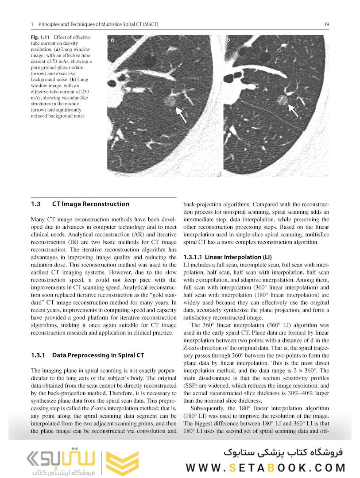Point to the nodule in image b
click(280, 98)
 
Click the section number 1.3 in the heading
click(36, 204)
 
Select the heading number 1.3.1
click(38, 355)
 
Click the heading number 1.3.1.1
click(193, 258)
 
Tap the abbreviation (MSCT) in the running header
click(150, 24)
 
